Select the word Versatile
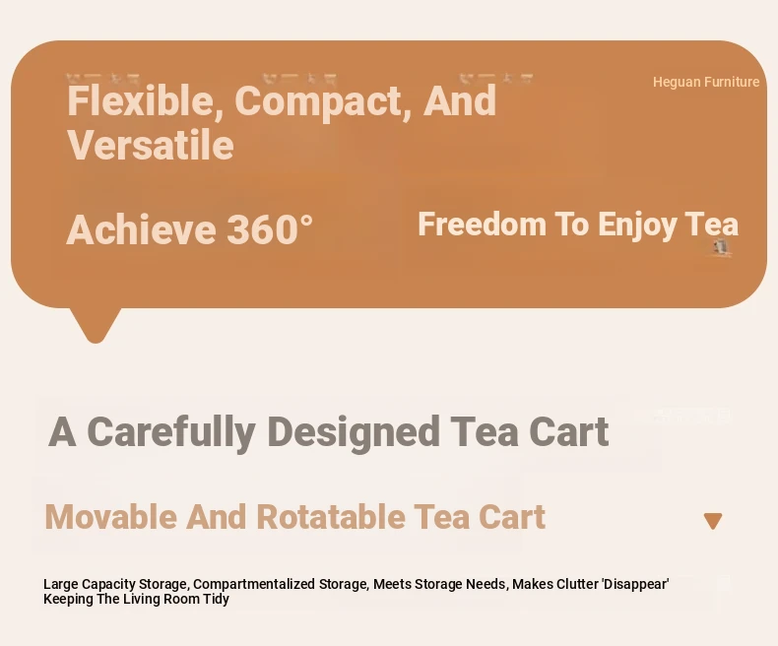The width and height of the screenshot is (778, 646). tap(151, 145)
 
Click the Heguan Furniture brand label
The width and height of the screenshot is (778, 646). tap(705, 82)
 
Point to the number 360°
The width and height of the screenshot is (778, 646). tap(270, 229)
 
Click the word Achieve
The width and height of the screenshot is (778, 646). tap(141, 229)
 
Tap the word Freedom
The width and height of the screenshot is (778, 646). tap(482, 224)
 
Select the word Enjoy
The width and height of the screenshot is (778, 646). tap(636, 226)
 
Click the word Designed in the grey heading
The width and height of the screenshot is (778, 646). tap(354, 432)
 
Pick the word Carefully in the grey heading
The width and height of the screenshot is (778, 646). tap(171, 432)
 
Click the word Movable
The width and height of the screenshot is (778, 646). tap(110, 516)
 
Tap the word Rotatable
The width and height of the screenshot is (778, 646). tap(331, 516)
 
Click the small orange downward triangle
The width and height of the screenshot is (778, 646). tap(713, 521)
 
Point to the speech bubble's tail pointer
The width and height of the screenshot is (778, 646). tap(96, 326)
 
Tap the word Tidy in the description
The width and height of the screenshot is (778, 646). tap(216, 600)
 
